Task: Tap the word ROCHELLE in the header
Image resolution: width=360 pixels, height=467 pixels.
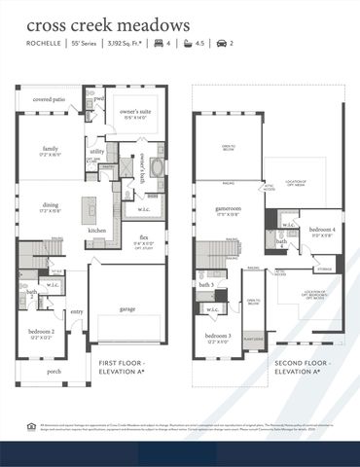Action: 44,44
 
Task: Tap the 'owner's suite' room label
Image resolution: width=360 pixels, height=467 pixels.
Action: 134,113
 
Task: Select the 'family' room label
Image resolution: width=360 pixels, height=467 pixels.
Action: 51,149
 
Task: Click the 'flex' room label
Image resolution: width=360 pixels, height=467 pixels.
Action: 143,234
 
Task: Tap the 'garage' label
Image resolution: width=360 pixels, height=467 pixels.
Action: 127,308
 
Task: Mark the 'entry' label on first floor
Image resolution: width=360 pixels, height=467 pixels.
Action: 76,312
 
